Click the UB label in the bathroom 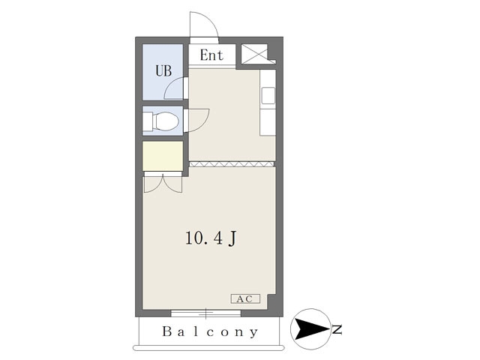(163, 71)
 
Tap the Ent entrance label (211, 55)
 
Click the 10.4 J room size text (211, 238)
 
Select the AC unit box (245, 298)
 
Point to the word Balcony (210, 331)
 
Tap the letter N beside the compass (337, 329)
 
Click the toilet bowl (166, 121)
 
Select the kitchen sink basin (268, 95)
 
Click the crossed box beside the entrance (255, 54)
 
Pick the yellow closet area (163, 156)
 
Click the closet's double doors (163, 183)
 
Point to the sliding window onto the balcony (205, 313)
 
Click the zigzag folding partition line (232, 164)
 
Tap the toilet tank (148, 121)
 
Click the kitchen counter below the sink (268, 122)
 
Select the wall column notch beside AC (271, 302)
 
